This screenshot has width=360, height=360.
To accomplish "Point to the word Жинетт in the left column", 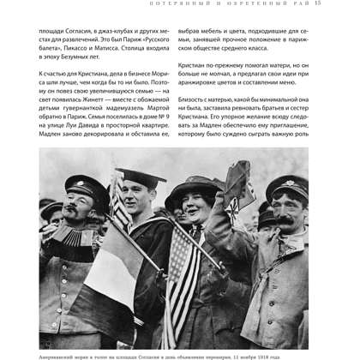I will pos(84,109).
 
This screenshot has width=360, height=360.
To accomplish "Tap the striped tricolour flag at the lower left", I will pos(94,274).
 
